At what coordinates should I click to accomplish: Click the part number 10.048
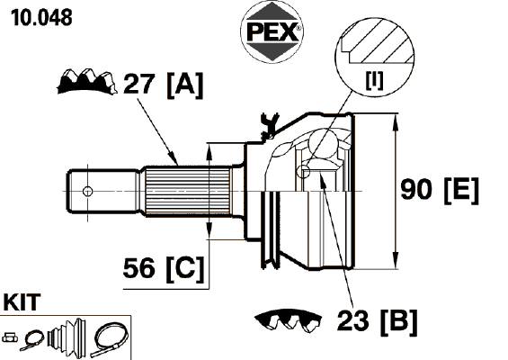tap(41, 17)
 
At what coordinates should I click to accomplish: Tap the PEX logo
tap(272, 31)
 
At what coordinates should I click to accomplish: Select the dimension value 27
tap(138, 84)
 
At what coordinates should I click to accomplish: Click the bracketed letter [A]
tap(185, 85)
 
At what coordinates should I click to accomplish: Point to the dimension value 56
tap(138, 268)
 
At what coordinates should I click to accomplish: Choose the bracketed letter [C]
tap(185, 269)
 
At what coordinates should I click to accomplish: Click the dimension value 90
tap(416, 189)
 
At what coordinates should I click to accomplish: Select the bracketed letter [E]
tap(461, 191)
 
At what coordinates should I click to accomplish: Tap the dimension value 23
tap(352, 320)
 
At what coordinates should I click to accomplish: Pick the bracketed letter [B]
tap(399, 321)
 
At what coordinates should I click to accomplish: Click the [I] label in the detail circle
tap(374, 80)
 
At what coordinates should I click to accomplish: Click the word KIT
tap(22, 301)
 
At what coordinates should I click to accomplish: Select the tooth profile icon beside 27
tap(87, 81)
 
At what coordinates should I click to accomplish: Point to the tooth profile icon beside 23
tap(288, 319)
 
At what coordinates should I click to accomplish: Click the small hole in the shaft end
tap(87, 192)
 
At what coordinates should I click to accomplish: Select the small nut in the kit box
tap(10, 337)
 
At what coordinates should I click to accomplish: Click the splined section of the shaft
tap(188, 191)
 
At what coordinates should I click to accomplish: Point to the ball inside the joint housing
tap(323, 143)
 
